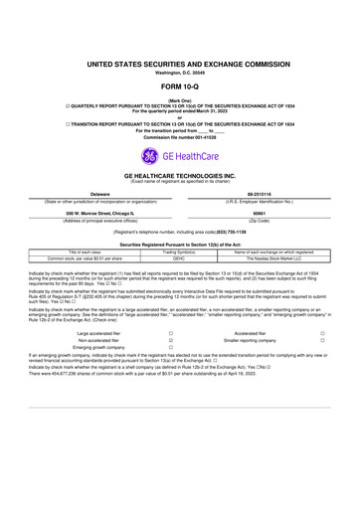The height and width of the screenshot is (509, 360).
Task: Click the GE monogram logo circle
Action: tap(149, 155)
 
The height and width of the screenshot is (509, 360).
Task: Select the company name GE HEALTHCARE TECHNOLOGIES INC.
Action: tap(180, 175)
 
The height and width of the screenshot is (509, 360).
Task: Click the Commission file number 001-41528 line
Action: tap(180, 135)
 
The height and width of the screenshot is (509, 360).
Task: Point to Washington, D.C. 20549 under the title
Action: tap(180, 73)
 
